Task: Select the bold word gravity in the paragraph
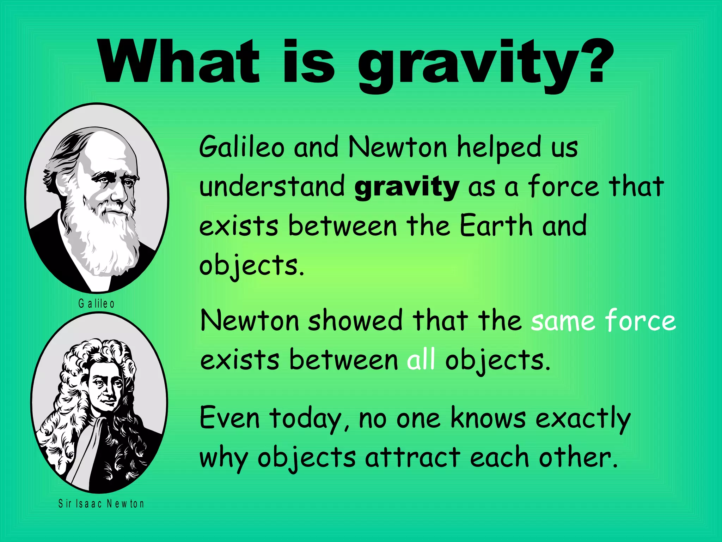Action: coord(406,187)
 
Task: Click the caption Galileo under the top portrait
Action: coord(96,303)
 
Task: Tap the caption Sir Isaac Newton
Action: coord(101,504)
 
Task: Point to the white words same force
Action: coord(603,320)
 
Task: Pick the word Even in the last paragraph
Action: coord(230,418)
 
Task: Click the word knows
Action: coord(488,418)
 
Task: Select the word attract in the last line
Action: coord(412,457)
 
